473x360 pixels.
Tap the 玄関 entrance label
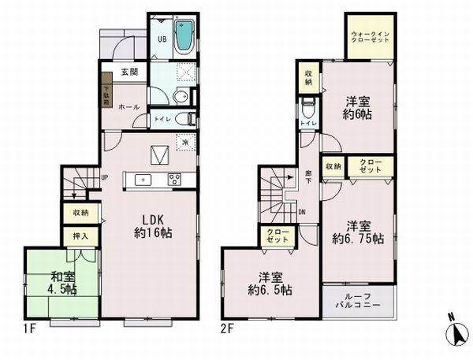[130, 72]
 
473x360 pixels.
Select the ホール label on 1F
[129, 106]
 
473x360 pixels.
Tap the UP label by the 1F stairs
[104, 177]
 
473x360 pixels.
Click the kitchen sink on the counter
[143, 180]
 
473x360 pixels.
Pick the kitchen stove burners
[173, 179]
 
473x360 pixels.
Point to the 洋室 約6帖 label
[359, 108]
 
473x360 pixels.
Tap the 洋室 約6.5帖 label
[271, 284]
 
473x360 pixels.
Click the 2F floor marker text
[228, 328]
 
